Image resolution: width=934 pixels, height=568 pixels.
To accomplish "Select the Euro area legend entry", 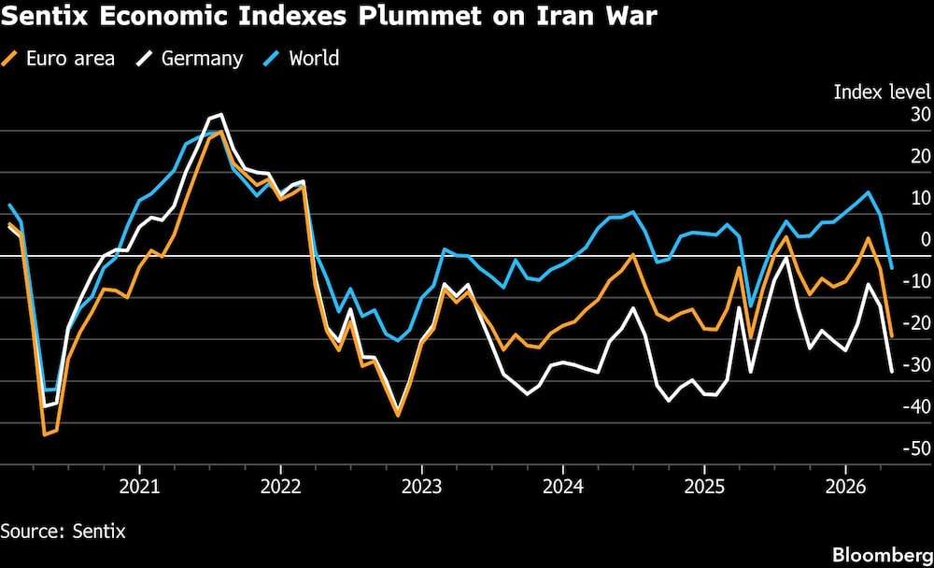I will click(x=60, y=58).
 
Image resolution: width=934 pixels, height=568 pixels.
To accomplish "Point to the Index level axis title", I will click(x=882, y=92).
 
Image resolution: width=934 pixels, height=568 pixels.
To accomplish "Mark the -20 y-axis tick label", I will click(x=914, y=322).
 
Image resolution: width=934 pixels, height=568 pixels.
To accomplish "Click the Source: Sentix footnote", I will click(x=63, y=531).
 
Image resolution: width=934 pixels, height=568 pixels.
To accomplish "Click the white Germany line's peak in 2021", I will click(x=220, y=115).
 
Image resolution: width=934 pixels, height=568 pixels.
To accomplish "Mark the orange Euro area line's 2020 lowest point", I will click(x=44, y=434).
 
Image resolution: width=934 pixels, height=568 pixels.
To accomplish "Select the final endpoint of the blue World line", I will click(x=892, y=268).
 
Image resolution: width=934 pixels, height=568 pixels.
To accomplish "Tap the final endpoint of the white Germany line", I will click(x=892, y=372).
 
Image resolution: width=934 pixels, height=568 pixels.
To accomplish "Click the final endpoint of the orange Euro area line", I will click(x=892, y=336).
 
